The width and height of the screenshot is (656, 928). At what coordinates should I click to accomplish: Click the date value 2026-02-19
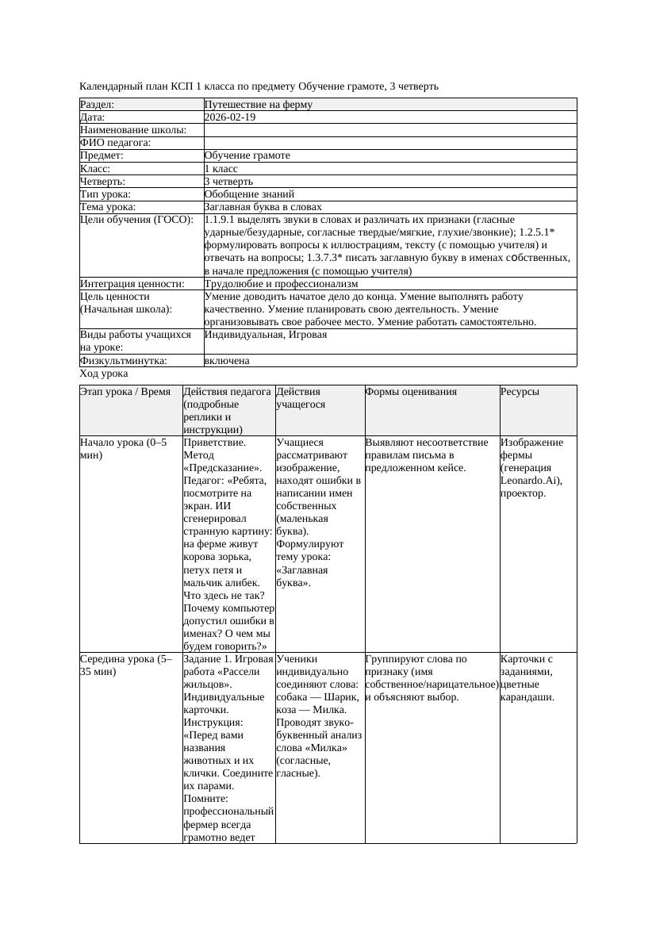[x=230, y=117]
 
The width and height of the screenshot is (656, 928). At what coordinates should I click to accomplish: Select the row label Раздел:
[x=98, y=105]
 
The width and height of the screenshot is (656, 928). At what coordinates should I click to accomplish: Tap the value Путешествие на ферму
[x=258, y=105]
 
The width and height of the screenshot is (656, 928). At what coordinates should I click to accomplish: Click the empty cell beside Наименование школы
[x=389, y=130]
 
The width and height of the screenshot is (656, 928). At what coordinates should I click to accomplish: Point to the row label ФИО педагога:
[x=116, y=143]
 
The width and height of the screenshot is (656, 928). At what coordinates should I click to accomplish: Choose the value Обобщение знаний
[x=249, y=194]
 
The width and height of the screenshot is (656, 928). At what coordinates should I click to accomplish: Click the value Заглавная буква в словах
[x=263, y=207]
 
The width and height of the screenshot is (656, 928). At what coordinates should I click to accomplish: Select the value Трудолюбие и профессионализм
[x=281, y=283]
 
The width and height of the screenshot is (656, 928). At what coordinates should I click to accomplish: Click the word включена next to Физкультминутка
[x=227, y=361]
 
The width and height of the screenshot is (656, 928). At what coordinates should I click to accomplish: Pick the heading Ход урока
[x=104, y=374]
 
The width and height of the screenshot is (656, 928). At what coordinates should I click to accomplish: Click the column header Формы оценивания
[x=411, y=392]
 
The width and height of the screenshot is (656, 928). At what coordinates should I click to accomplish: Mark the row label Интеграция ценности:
[x=132, y=283]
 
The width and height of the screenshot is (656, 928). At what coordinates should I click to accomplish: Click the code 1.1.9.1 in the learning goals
[x=223, y=220]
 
